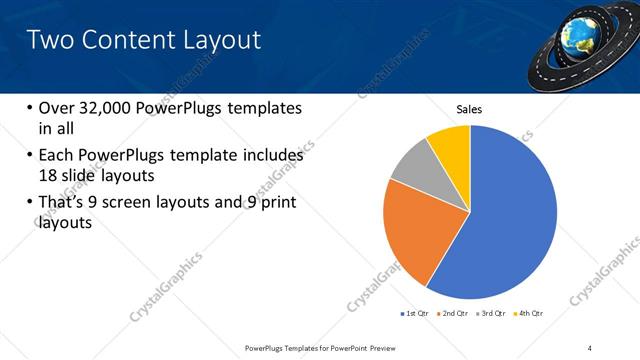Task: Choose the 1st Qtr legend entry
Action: tap(415, 314)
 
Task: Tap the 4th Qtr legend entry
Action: tap(531, 314)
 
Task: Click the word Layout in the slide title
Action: tap(218, 40)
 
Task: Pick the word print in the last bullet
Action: tap(277, 204)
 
